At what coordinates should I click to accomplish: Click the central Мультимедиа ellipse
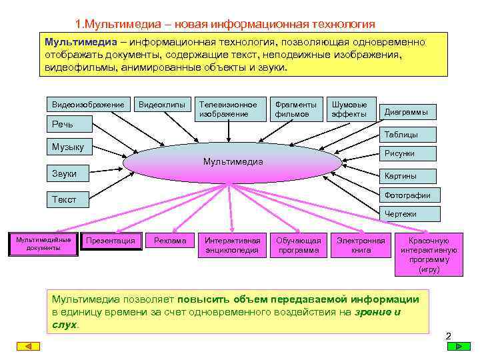(x=233, y=162)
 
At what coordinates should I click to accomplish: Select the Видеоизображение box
(x=88, y=105)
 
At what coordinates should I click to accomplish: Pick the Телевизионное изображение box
(x=228, y=109)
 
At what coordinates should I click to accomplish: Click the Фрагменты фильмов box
(x=296, y=109)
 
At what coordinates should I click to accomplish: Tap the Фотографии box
(x=407, y=195)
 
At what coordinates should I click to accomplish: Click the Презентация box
(x=111, y=241)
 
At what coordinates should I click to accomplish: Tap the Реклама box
(x=170, y=241)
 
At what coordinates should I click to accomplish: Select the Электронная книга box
(x=361, y=245)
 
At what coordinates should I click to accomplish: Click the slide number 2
(x=449, y=335)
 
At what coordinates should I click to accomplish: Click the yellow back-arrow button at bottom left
(x=29, y=347)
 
